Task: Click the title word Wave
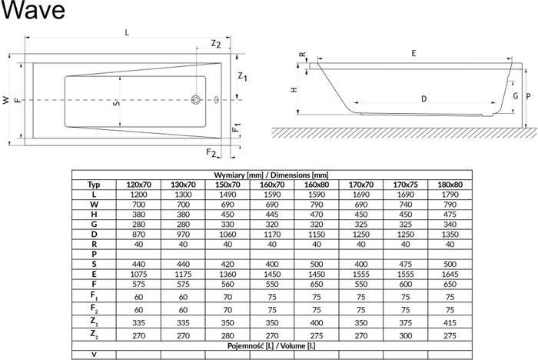point(33,10)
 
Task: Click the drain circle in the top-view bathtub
point(196,100)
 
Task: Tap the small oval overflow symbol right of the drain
point(216,100)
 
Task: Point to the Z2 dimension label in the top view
point(216,44)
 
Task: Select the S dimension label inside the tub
point(117,102)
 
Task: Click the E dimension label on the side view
point(413,53)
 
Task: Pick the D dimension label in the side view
point(423,99)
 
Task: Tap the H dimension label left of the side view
point(294,90)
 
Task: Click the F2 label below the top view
point(211,152)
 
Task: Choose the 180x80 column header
point(450,185)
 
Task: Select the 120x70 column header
point(138,185)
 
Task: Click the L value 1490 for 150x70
point(227,195)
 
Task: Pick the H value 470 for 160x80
point(317,215)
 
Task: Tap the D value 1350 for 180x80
point(450,235)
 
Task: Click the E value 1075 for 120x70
point(138,274)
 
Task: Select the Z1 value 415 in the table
point(450,323)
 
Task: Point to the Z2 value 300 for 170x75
point(405,335)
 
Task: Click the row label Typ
point(94,185)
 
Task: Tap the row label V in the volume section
point(94,355)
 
